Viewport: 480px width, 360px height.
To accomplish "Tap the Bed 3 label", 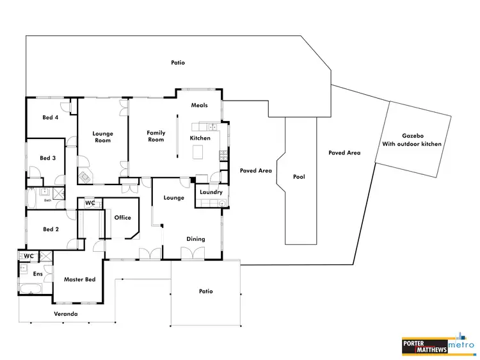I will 48,158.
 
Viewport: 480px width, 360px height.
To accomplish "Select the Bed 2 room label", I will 51,229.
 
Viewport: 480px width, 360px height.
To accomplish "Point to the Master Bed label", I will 79,279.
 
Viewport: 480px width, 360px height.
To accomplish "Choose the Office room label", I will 122,218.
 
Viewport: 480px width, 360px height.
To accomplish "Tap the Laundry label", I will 211,192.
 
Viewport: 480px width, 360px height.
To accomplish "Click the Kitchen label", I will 200,138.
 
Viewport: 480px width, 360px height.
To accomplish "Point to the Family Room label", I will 156,136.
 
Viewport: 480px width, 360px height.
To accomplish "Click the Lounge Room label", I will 102,138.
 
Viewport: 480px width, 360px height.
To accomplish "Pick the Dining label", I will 196,239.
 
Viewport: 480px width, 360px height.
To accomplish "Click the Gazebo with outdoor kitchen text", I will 413,140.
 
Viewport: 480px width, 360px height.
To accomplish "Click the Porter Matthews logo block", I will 424,346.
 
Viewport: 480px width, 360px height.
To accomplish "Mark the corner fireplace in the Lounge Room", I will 84,176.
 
